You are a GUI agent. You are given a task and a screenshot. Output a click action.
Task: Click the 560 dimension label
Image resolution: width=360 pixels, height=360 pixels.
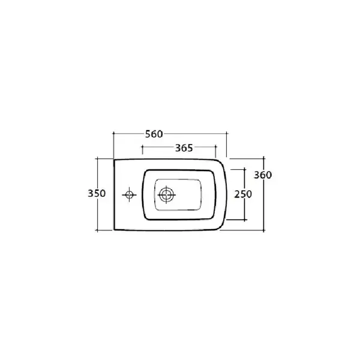(x=154, y=134)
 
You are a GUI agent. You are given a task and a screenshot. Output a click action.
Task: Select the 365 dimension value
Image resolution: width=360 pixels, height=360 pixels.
(x=184, y=148)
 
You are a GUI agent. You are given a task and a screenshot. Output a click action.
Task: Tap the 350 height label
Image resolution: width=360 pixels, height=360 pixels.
(x=97, y=193)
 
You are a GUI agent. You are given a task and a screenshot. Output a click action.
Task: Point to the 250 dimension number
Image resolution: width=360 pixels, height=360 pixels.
(x=243, y=194)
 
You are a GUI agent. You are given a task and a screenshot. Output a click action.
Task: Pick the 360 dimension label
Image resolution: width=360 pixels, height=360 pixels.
(x=263, y=175)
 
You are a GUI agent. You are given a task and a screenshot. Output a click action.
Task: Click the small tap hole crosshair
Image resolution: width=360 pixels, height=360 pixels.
(x=129, y=195)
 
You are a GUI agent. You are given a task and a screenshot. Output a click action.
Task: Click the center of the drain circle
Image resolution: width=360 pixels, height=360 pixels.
(x=166, y=195)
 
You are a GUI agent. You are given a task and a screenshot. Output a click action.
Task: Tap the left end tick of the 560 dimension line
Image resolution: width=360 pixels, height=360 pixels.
(x=113, y=133)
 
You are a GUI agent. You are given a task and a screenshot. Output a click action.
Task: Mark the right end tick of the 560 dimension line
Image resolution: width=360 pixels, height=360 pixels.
(x=227, y=133)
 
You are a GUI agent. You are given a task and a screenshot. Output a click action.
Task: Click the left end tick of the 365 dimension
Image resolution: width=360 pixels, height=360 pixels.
(x=142, y=147)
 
